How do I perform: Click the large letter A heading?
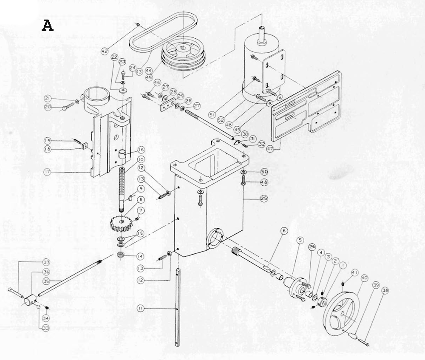point(48,26)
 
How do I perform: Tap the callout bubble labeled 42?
point(105,51)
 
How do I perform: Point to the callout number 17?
point(47,172)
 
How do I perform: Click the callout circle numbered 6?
point(284,230)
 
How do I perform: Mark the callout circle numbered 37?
point(46,263)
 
